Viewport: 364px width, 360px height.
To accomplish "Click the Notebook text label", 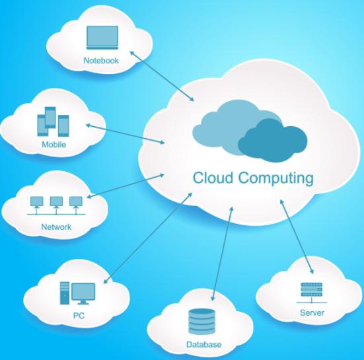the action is point(101,60).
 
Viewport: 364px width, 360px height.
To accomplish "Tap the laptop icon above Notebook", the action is point(102,38).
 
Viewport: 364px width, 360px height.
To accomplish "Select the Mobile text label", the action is point(54,145).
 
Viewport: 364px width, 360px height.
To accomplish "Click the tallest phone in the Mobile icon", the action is point(50,117).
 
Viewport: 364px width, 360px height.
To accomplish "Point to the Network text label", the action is point(56,227).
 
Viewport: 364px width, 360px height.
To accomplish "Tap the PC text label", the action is point(79,316).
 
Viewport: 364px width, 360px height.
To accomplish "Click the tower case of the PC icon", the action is point(65,293).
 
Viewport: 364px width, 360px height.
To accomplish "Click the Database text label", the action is point(204,344).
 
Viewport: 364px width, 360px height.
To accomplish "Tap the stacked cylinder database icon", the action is point(201,322).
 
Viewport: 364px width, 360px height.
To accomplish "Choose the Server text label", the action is point(312,312).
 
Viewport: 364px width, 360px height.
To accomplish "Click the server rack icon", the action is point(312,293).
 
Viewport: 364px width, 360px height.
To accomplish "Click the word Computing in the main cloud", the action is point(276,179).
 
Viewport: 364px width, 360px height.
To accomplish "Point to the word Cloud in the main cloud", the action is point(213,178).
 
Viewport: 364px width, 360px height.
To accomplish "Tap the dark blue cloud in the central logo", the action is point(273,141).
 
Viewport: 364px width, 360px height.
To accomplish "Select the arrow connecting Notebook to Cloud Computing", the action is point(162,76).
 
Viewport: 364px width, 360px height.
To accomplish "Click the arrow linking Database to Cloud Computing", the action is point(223,254).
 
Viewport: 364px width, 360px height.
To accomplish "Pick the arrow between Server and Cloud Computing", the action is point(297,236).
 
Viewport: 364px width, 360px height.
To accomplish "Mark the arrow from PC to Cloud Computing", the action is point(148,238).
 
